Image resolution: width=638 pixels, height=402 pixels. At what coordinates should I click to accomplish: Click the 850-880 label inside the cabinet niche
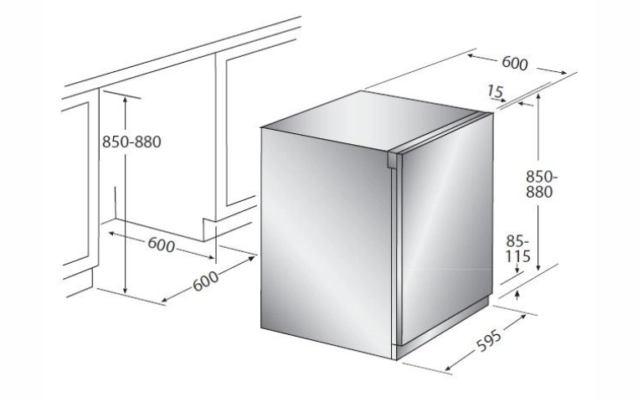pyautogui.click(x=131, y=142)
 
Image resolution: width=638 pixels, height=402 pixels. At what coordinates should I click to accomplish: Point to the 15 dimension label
pyautogui.click(x=496, y=91)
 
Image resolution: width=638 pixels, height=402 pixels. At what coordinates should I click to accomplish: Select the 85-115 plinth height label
pyautogui.click(x=518, y=249)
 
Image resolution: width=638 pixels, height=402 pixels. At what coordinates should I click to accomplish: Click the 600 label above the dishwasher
pyautogui.click(x=515, y=63)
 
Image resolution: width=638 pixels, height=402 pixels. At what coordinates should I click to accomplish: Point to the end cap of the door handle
pyautogui.click(x=393, y=160)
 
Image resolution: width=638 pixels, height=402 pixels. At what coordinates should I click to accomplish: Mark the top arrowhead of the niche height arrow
pyautogui.click(x=126, y=100)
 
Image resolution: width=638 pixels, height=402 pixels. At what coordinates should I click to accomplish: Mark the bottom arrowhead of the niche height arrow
pyautogui.click(x=126, y=289)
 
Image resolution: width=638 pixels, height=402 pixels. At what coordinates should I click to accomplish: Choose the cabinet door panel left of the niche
pyautogui.click(x=75, y=183)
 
